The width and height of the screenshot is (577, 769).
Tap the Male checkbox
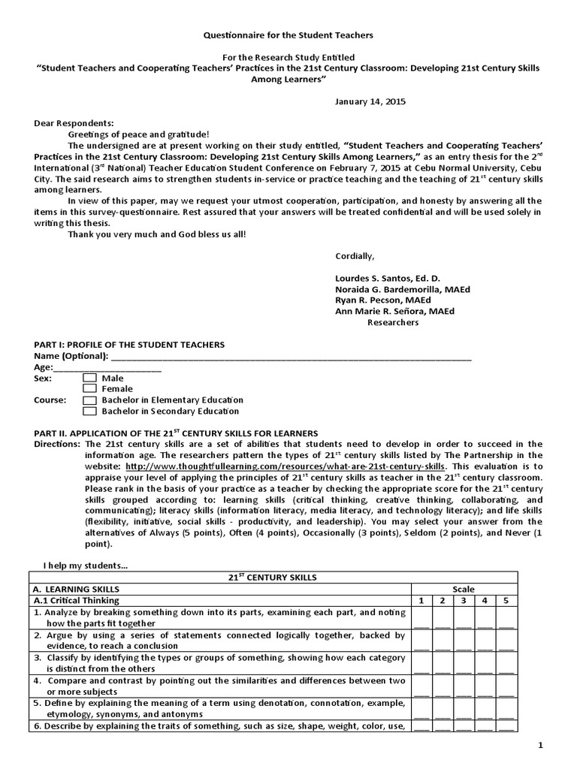[89, 378]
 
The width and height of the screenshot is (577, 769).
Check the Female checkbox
[89, 389]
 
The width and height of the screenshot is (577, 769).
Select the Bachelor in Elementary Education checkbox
[89, 400]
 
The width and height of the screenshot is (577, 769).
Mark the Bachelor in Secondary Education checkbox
[89, 412]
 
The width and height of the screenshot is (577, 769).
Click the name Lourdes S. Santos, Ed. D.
[388, 278]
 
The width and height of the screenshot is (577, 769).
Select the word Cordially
[355, 256]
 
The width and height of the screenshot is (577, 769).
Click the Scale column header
[464, 590]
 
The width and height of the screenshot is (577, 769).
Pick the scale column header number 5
[506, 601]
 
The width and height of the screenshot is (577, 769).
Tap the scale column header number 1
[421, 601]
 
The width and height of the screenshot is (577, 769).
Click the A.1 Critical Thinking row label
[77, 601]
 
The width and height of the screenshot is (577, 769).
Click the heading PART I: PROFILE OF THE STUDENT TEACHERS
[129, 345]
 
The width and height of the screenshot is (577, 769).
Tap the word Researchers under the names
[392, 323]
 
